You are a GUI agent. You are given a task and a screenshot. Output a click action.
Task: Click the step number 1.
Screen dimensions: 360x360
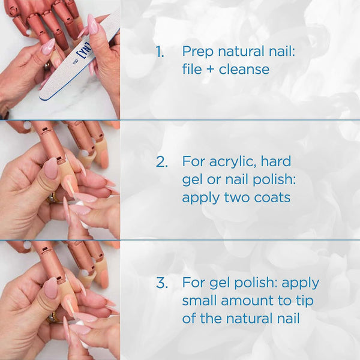click(159, 52)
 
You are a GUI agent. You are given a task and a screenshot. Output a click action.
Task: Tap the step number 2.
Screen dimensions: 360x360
click(161, 161)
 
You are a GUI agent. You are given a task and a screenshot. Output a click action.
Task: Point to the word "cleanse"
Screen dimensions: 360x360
click(244, 70)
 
